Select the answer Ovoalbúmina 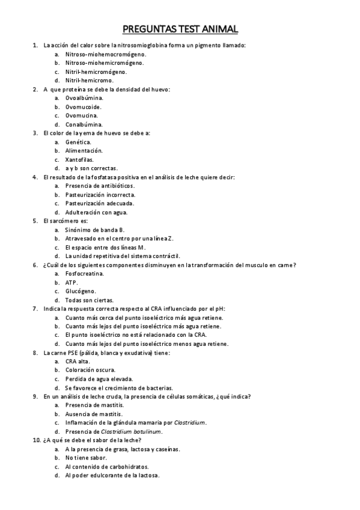(x=84, y=97)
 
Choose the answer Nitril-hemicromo (x=90, y=80)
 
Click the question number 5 (x=35, y=221)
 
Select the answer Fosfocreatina (x=85, y=274)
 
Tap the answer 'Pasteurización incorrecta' (x=100, y=194)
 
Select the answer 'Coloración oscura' (x=91, y=370)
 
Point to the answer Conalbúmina (x=84, y=124)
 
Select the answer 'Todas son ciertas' (x=90, y=300)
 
